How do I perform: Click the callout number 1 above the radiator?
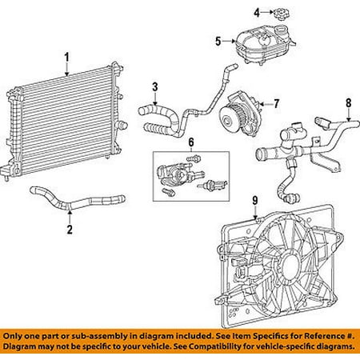(66, 58)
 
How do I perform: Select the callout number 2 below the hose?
(70, 230)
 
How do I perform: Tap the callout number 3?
(155, 87)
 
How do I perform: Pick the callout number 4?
(257, 12)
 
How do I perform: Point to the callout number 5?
(218, 42)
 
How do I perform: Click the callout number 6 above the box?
(191, 142)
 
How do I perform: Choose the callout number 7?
(276, 104)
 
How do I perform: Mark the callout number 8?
(349, 103)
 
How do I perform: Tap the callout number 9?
(255, 201)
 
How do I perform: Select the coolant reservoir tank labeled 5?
(265, 44)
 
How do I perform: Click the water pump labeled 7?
(238, 114)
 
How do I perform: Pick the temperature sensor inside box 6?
(212, 185)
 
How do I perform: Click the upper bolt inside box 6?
(194, 158)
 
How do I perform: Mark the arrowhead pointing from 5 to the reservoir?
(233, 42)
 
